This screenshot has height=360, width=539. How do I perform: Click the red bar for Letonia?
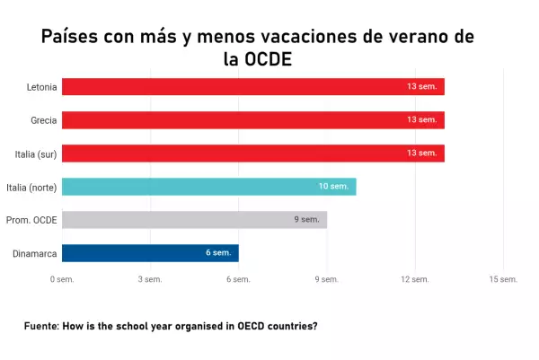pyautogui.click(x=253, y=86)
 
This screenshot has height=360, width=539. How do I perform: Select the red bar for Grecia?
pyautogui.click(x=253, y=120)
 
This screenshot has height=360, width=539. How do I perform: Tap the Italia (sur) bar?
pyautogui.click(x=253, y=154)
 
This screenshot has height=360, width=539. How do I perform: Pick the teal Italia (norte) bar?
pyautogui.click(x=209, y=187)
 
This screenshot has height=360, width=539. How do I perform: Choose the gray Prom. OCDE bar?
pyautogui.click(x=194, y=220)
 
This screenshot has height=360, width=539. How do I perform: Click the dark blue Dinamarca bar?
pyautogui.click(x=150, y=253)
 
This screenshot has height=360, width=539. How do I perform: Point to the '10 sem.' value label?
pyautogui.click(x=333, y=186)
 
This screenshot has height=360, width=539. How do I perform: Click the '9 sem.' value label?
pyautogui.click(x=306, y=220)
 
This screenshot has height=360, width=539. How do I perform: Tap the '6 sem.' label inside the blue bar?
pyautogui.click(x=218, y=253)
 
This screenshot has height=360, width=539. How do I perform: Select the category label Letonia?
pyautogui.click(x=42, y=87)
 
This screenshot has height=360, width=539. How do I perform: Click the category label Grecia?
pyautogui.click(x=44, y=120)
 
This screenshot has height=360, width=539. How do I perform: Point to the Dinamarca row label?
pyautogui.click(x=35, y=254)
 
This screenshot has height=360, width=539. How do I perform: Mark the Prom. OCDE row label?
pyautogui.click(x=31, y=220)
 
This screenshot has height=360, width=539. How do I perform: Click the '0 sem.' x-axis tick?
pyautogui.click(x=62, y=279)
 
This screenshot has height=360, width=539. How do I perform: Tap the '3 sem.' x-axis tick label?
pyautogui.click(x=150, y=279)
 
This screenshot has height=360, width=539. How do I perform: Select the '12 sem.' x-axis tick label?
pyautogui.click(x=415, y=279)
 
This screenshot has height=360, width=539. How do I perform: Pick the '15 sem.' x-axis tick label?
pyautogui.click(x=503, y=279)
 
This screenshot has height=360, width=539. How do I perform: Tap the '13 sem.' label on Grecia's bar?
pyautogui.click(x=422, y=119)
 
